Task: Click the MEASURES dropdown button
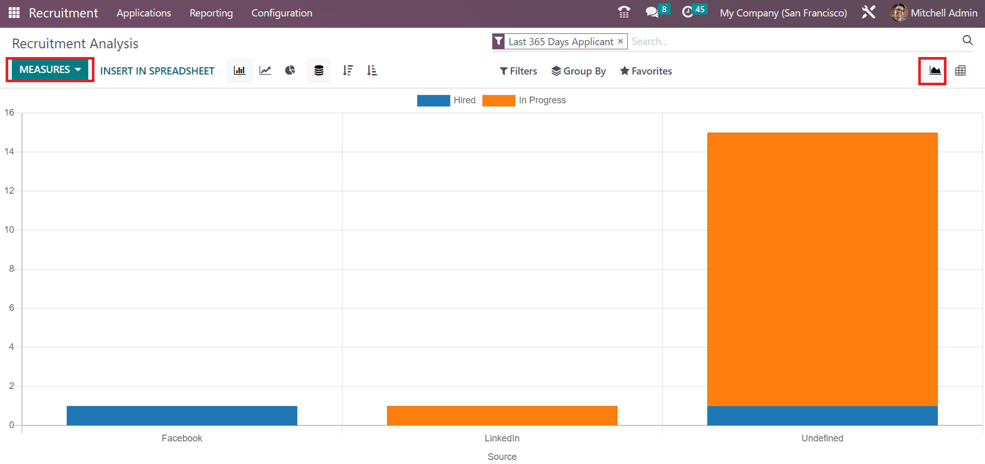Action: (x=50, y=70)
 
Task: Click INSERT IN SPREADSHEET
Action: (x=157, y=71)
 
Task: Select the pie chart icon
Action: (x=290, y=70)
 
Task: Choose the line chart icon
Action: (x=265, y=70)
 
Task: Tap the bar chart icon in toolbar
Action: (x=240, y=70)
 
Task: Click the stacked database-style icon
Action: (x=319, y=70)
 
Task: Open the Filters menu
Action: (x=518, y=71)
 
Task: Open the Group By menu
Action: (x=578, y=71)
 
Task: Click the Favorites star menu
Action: (x=646, y=71)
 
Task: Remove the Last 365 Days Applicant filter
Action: (x=621, y=41)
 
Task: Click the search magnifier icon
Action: (x=968, y=41)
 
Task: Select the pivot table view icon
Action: (x=960, y=71)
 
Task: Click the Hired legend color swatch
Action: (x=433, y=100)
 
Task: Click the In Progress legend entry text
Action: (x=542, y=100)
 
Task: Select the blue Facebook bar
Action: (x=182, y=416)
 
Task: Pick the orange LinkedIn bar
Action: (x=502, y=416)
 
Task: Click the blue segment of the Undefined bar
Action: (x=822, y=416)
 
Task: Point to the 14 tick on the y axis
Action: (x=9, y=152)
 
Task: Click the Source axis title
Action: (x=502, y=457)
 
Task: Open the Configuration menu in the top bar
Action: (x=282, y=13)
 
